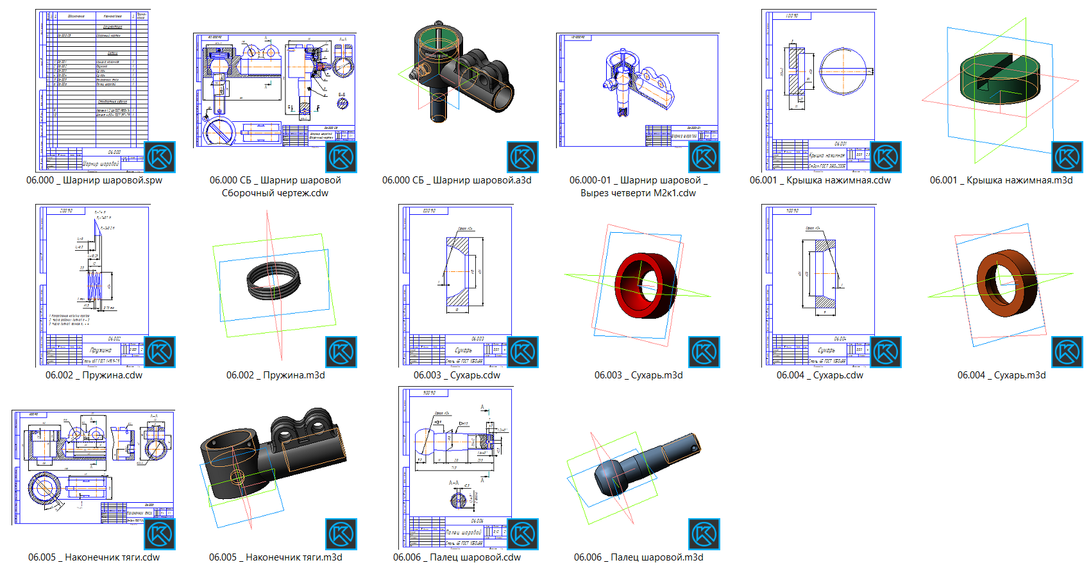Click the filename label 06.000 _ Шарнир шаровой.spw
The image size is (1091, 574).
[x=94, y=180]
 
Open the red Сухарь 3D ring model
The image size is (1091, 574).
[x=645, y=284]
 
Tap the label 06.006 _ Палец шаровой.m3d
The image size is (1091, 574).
[x=638, y=557]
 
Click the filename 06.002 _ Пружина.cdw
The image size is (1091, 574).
[x=94, y=375]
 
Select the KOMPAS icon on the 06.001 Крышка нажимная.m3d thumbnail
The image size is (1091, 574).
[x=1067, y=157]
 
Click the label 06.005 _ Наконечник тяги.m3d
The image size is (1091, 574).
[x=275, y=557]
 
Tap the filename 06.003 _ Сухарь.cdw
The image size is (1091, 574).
[x=457, y=375]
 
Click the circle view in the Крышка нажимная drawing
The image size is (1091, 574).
[x=842, y=71]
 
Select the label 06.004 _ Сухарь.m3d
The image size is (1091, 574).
[x=1001, y=375]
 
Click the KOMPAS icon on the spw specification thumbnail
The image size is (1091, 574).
[x=160, y=157]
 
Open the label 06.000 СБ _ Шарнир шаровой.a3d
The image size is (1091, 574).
[x=457, y=180]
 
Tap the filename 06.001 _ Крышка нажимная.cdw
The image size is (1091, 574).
[x=820, y=180]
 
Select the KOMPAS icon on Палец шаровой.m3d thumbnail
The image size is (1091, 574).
[x=704, y=534]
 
